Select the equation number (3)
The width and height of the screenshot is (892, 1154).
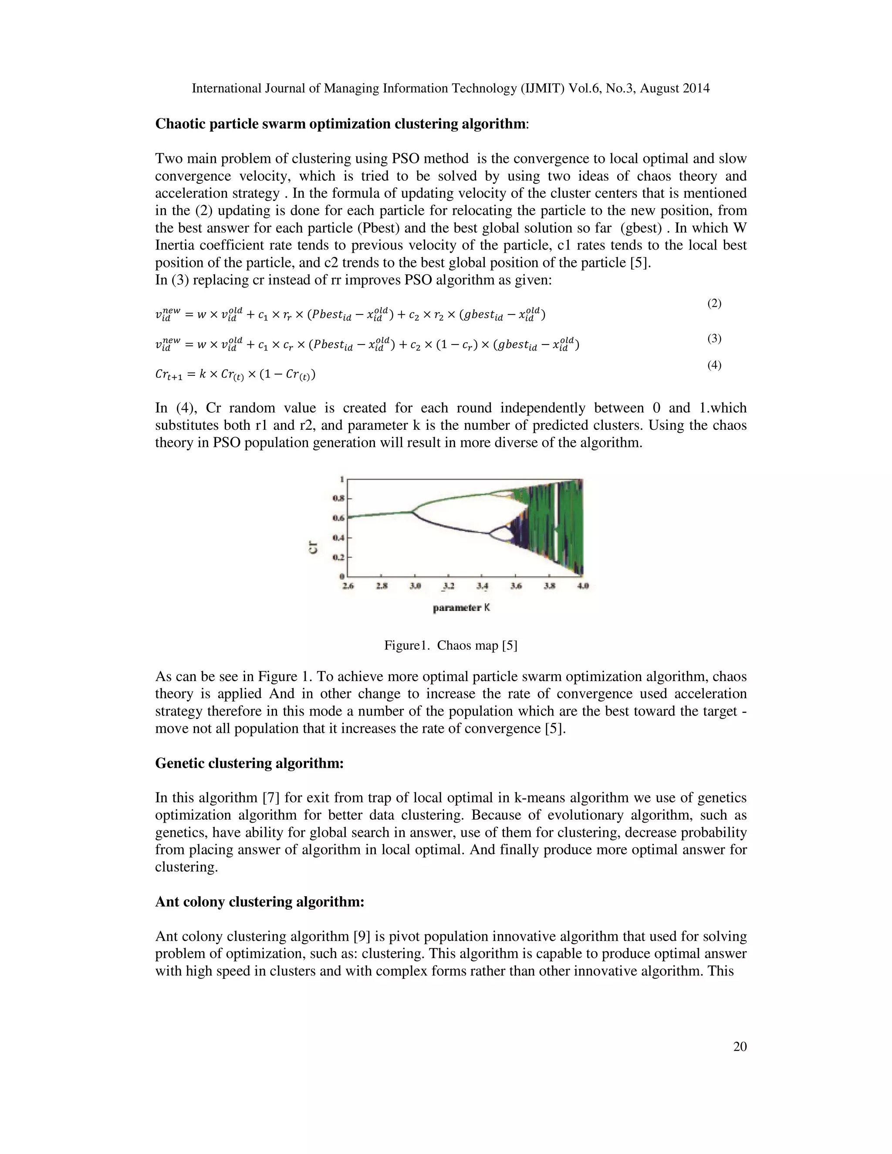click(x=714, y=339)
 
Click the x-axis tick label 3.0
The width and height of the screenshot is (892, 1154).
click(x=415, y=586)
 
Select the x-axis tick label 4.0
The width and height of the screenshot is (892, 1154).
click(x=583, y=586)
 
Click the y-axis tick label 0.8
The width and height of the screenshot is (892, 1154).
click(x=338, y=498)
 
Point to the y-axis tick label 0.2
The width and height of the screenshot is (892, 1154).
click(x=338, y=557)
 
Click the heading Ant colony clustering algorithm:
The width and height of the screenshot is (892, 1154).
click(x=260, y=902)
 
